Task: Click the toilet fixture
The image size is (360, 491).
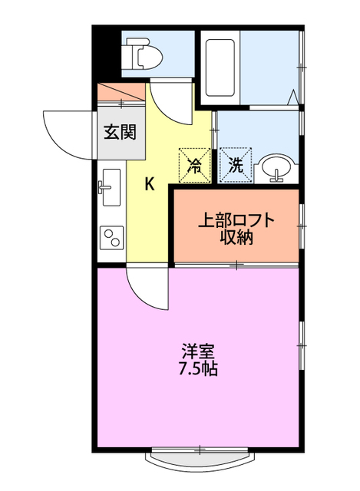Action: coord(145,54)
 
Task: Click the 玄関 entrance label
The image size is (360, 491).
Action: coord(121,132)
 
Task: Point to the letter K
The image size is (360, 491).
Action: coord(150,184)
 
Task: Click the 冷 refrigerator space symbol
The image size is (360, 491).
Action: coord(196,164)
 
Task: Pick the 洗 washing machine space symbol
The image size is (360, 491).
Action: coord(236,164)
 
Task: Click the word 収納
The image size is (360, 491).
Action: coord(236,237)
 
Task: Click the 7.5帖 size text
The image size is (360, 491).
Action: coord(197,369)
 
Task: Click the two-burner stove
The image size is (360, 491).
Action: coord(111,237)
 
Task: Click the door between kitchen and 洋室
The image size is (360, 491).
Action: coord(147,288)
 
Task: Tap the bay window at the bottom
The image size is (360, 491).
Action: coord(197,460)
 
